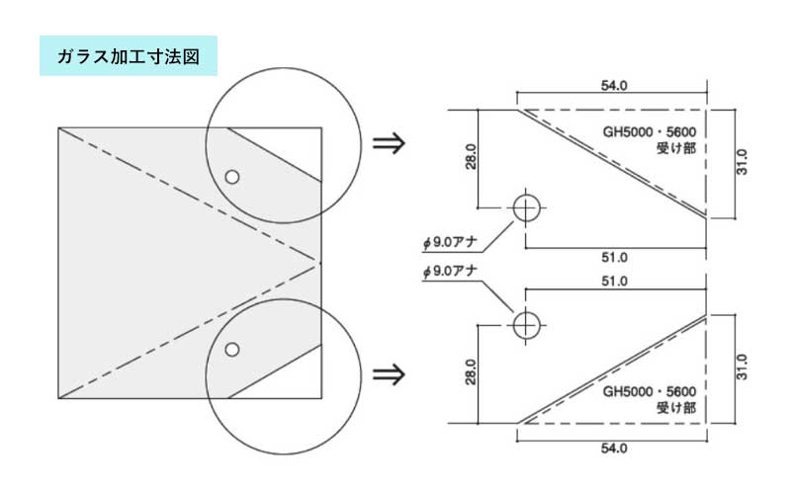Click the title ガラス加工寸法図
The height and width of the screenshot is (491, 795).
129,56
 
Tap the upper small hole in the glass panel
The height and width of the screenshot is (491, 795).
232,177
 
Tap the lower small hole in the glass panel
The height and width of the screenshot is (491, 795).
232,349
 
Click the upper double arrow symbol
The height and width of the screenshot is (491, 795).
389,143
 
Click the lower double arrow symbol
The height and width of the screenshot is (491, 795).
389,374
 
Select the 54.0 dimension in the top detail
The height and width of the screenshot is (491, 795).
614,85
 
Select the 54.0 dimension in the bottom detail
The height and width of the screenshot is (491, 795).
614,448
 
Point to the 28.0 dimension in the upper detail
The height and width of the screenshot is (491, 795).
471,156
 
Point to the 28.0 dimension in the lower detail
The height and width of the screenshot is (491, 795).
471,371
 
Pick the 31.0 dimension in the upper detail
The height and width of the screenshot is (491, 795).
742,162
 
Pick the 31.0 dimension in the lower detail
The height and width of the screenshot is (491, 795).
742,367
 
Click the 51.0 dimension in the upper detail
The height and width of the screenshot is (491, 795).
614,258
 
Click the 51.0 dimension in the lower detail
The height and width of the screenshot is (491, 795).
614,281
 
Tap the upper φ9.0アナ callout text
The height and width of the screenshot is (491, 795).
450,242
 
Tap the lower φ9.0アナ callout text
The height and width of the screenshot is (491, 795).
450,271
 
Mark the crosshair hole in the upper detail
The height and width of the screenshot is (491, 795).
526,207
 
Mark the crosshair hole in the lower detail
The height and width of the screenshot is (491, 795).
526,325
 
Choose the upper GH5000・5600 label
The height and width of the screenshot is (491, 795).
649,131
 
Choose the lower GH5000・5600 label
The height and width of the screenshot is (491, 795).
649,391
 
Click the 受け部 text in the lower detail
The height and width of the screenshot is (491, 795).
676,407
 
